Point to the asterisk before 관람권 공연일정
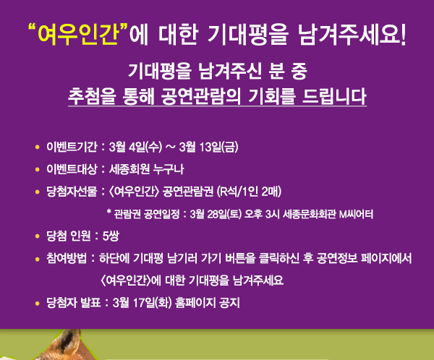pos(109,214)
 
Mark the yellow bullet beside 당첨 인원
pos(36,236)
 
